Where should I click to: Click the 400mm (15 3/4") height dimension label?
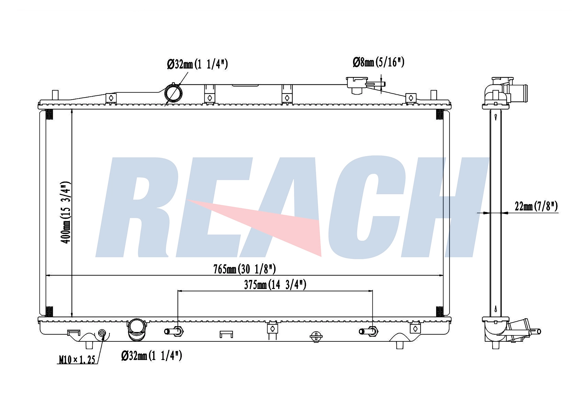(x=66, y=212)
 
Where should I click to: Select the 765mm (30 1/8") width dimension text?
(x=245, y=269)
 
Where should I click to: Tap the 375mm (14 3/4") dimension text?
(x=275, y=285)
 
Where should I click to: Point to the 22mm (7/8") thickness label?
(x=536, y=206)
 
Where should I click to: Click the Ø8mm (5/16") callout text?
(x=378, y=62)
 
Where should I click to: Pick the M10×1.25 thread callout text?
(x=77, y=360)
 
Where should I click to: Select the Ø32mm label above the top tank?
(x=197, y=64)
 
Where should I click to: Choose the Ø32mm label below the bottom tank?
(x=152, y=355)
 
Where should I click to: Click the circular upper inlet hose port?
(x=173, y=93)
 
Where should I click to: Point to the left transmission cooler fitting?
(x=174, y=331)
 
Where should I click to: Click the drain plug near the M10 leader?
(x=102, y=333)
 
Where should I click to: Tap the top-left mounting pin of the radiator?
(x=55, y=95)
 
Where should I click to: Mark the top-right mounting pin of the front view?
(x=433, y=95)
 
